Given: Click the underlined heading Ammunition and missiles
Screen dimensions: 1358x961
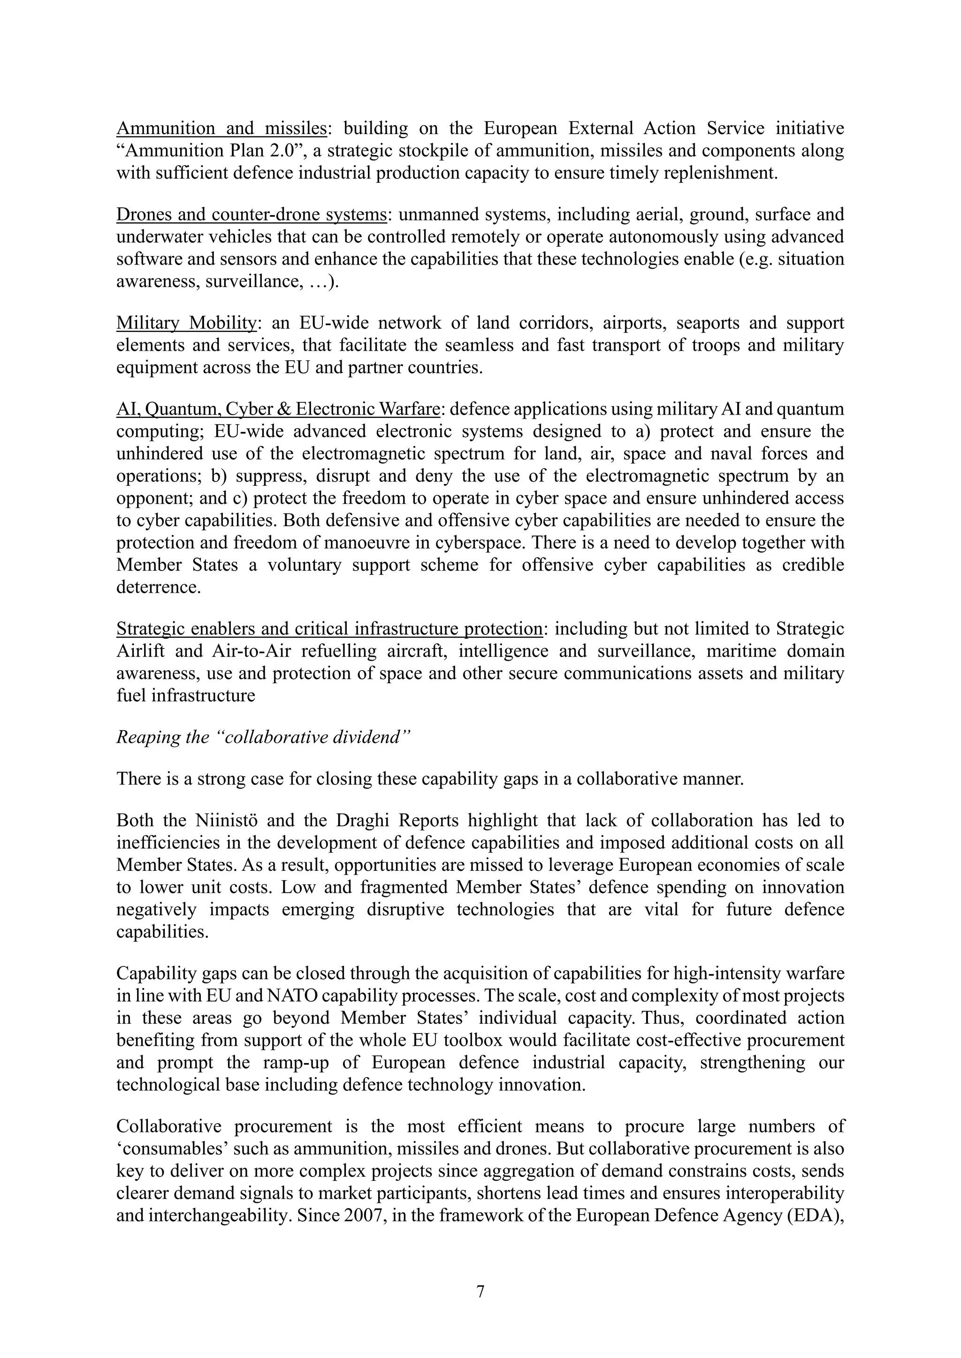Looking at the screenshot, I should click(x=221, y=128).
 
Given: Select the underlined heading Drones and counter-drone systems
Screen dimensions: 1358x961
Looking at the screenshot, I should click(x=252, y=215).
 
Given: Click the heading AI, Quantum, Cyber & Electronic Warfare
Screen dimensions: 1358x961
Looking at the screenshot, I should click(x=278, y=409).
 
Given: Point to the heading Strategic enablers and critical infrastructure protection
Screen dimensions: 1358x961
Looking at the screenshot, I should click(x=329, y=629).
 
